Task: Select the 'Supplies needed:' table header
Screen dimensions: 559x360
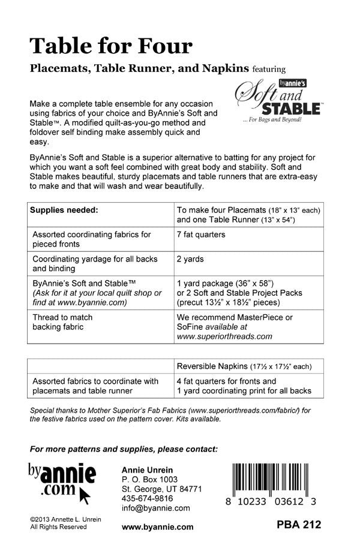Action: pyautogui.click(x=65, y=211)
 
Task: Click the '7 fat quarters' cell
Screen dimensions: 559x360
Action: pyautogui.click(x=201, y=235)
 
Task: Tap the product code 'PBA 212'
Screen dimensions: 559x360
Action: pyautogui.click(x=299, y=525)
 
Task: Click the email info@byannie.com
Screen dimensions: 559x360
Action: pyautogui.click(x=155, y=508)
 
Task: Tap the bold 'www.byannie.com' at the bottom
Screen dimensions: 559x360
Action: pyautogui.click(x=157, y=527)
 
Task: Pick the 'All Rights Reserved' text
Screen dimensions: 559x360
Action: pyautogui.click(x=58, y=527)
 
